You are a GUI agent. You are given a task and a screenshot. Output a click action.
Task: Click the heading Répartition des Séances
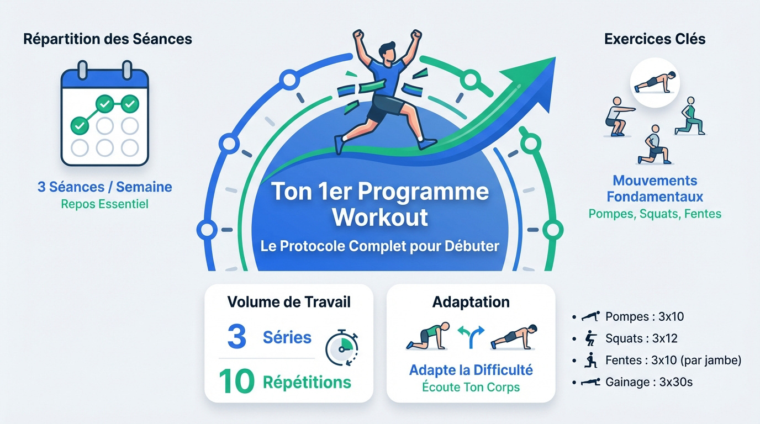108,39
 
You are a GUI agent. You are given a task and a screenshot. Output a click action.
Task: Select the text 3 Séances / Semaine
104,187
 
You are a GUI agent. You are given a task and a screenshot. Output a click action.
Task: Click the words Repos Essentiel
104,204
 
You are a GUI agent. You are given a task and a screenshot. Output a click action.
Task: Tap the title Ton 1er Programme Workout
380,204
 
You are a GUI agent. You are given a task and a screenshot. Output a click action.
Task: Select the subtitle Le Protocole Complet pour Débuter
380,246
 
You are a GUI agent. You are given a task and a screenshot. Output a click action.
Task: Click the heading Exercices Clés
655,39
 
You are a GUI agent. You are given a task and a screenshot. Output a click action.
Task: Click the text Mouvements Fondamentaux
655,188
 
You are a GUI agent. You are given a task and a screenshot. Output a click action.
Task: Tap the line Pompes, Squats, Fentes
655,214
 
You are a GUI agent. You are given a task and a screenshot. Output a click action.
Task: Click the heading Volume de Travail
289,302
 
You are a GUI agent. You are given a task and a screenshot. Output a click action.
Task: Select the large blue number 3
236,337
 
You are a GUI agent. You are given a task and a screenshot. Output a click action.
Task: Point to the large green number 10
236,381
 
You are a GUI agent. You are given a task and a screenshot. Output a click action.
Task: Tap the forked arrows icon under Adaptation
471,337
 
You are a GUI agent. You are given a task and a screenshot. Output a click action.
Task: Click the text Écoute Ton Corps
471,387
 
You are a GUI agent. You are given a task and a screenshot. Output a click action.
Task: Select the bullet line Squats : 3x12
641,338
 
